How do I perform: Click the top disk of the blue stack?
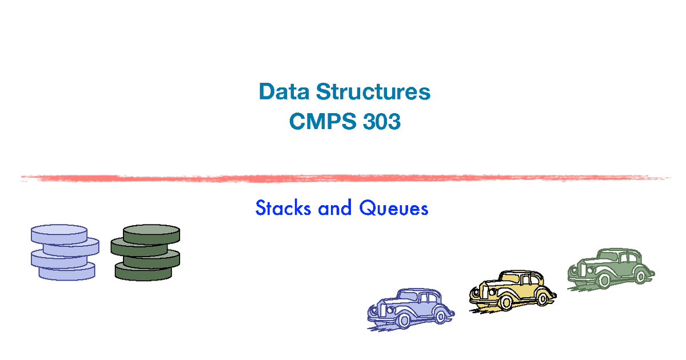pyautogui.click(x=59, y=234)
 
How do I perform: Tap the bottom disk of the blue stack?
pyautogui.click(x=67, y=271)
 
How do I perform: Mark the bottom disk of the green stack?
pyautogui.click(x=143, y=272)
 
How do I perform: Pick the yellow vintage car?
pyautogui.click(x=512, y=290)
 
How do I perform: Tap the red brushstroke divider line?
pyautogui.click(x=343, y=178)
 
